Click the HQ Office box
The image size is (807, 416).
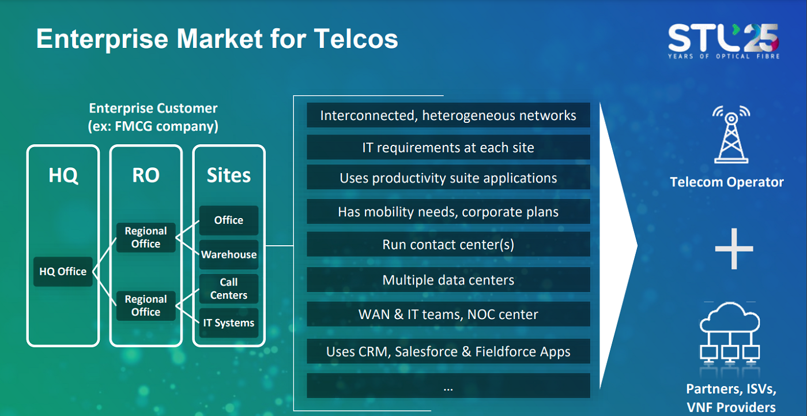(63, 271)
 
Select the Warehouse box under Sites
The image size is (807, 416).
(229, 254)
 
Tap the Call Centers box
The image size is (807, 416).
(229, 288)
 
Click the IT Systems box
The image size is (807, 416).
(229, 323)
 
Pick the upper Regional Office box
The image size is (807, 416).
(146, 237)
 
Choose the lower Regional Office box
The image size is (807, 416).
(146, 305)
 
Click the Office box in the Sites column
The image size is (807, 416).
(229, 220)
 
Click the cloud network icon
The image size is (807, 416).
(730, 333)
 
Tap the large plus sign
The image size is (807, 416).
(734, 249)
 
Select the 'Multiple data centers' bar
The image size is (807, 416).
(448, 280)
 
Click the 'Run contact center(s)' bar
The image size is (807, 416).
(448, 245)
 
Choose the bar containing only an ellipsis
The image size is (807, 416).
(448, 386)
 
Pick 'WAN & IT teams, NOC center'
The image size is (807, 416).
(448, 314)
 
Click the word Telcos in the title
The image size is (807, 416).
(356, 39)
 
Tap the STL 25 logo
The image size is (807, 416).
(723, 41)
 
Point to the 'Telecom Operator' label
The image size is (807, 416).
(727, 182)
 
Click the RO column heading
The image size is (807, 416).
(146, 175)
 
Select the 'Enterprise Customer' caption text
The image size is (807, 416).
(153, 108)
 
